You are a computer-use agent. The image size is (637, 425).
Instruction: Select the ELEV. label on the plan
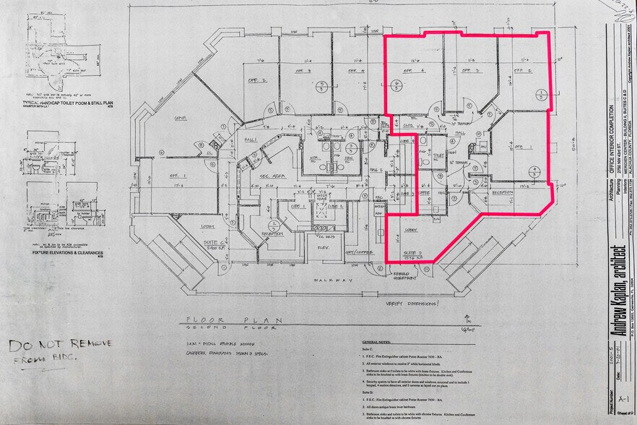coord(323,246)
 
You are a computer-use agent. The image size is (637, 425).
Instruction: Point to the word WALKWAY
coord(331,279)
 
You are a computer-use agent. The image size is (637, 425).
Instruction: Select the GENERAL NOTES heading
coord(378,342)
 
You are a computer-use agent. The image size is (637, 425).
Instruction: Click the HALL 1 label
coord(251,139)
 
